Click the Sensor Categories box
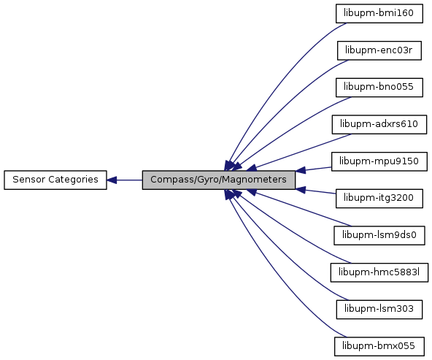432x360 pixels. [55, 180]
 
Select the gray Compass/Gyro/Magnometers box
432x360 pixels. [218, 180]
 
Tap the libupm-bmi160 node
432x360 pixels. [379, 13]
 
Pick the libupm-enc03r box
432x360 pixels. [379, 50]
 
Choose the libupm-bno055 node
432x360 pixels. [379, 88]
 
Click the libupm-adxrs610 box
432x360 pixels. [379, 125]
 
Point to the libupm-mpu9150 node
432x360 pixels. [379, 161]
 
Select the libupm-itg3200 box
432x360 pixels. [379, 199]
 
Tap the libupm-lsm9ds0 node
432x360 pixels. [379, 235]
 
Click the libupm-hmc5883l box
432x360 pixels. [379, 272]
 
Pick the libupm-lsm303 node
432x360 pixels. [379, 310]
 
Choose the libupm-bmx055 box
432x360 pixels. [379, 347]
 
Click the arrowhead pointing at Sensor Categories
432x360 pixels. [112, 180]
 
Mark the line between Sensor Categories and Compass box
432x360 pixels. [125, 180]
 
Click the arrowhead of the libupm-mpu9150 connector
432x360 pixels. [301, 170]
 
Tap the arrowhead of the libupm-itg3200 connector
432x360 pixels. [301, 190]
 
